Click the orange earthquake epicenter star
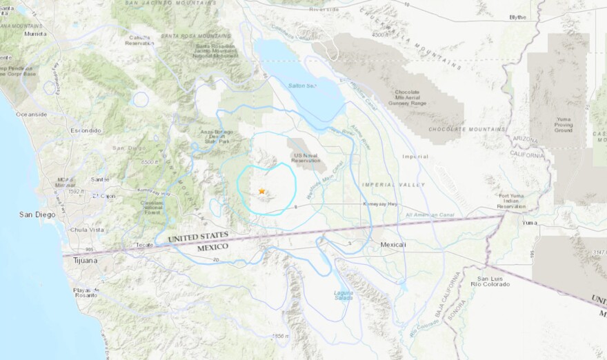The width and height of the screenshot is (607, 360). (x=261, y=191)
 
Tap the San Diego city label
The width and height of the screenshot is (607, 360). (x=37, y=214)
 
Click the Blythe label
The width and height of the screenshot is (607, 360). (x=517, y=17)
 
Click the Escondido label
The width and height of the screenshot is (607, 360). (x=86, y=130)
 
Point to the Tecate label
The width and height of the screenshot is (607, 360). (x=143, y=245)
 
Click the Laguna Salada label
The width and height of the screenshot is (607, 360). (x=344, y=294)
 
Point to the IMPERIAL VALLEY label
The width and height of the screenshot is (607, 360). (x=392, y=184)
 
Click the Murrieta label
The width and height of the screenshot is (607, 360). (x=36, y=33)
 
